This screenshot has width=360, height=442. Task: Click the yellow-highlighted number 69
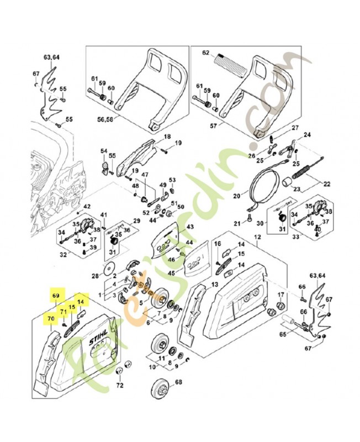click(x=55, y=297)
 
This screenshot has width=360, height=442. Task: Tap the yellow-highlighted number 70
click(x=51, y=318)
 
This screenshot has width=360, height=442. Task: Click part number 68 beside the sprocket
click(x=178, y=382)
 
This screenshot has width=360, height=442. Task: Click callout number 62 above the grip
click(x=206, y=54)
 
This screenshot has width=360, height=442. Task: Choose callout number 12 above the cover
click(x=257, y=237)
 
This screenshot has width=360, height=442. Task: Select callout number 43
click(x=189, y=227)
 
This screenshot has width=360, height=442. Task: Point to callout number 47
click(x=145, y=175)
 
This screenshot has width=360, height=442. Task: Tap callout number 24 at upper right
click(x=308, y=135)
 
